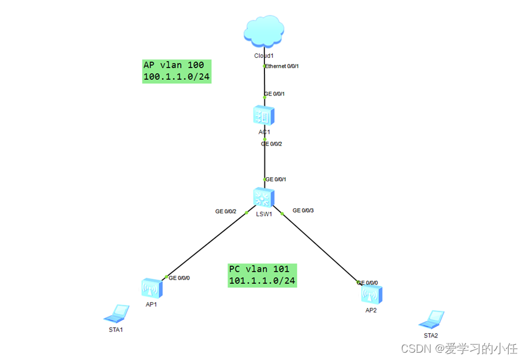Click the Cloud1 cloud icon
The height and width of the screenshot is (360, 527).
[x=264, y=33]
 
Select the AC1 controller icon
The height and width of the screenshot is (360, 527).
[x=264, y=115]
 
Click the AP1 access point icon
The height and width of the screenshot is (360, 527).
[x=150, y=288]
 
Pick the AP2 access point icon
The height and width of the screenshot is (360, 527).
[x=370, y=295]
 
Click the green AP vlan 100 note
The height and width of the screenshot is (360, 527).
[x=177, y=71]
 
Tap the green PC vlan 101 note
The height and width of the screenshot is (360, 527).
[x=263, y=275]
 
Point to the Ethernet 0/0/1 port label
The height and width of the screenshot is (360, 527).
[x=283, y=66]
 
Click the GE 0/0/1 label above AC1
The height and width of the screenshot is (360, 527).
[x=275, y=94]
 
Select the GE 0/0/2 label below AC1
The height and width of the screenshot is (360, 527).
[x=272, y=144]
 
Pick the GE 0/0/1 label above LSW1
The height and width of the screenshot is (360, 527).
[x=275, y=179]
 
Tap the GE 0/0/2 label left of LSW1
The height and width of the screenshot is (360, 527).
[x=225, y=211]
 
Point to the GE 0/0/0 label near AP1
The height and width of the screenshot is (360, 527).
[x=180, y=278]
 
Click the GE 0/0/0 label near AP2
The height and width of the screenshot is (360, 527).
[x=367, y=283]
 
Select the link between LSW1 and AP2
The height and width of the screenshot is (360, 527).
[x=320, y=248]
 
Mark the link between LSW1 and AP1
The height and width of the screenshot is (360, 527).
[x=207, y=245]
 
